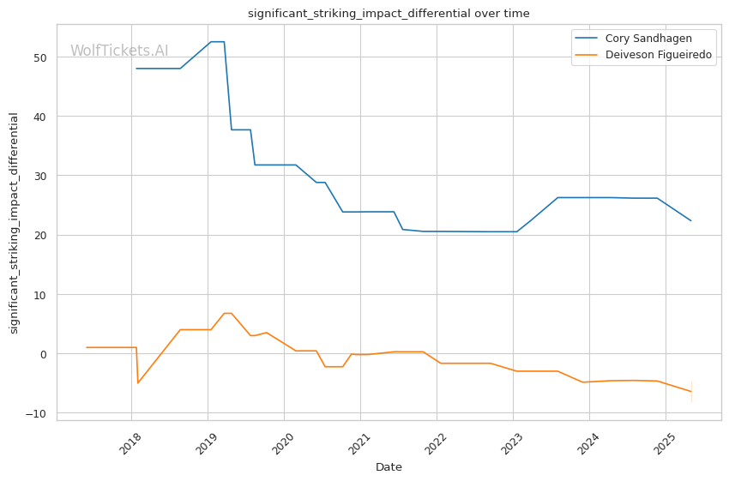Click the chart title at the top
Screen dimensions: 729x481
click(389, 14)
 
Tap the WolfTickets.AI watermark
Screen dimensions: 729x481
click(119, 51)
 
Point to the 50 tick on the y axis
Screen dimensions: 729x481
click(40, 57)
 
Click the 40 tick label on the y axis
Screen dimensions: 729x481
click(40, 117)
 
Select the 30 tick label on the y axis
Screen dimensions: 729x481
click(40, 176)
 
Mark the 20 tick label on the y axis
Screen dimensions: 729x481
click(40, 236)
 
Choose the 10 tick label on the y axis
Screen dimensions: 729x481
click(40, 295)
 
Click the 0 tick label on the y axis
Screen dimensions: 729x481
click(43, 354)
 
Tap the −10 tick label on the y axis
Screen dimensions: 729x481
click(36, 413)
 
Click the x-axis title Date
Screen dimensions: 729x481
click(389, 467)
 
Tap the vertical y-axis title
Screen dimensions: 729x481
click(14, 223)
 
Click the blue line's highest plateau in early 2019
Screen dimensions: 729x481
click(218, 42)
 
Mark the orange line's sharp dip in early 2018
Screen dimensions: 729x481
click(137, 383)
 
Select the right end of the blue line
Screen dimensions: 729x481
click(691, 220)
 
